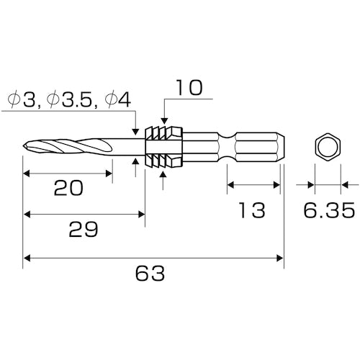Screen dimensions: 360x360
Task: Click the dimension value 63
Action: pos(150,273)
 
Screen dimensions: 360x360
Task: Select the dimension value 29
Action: pos(84,230)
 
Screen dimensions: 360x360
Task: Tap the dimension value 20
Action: pos(68,188)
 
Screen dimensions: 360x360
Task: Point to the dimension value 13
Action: pos(252,210)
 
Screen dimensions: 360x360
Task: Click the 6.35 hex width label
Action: pos(329,210)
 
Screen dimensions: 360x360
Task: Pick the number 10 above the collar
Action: pos(189,88)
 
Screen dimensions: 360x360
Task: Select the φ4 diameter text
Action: pos(118,100)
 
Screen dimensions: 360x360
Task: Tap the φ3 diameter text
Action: pos(24,100)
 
